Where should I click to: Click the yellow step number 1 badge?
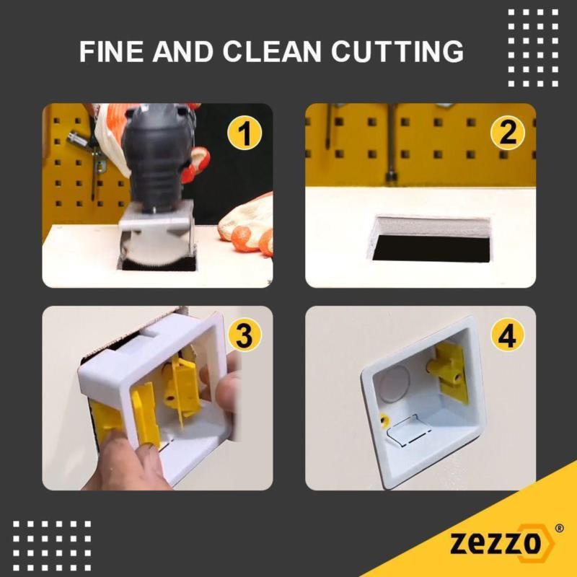pos(245,133)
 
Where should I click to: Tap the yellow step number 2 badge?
pos(508,133)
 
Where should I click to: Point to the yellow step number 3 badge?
pos(245,335)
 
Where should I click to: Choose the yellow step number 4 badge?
pos(508,335)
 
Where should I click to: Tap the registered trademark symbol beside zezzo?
pos(559,529)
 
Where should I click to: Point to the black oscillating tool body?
pos(158,158)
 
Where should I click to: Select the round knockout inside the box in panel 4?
pos(395,384)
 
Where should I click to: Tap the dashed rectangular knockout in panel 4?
pos(408,431)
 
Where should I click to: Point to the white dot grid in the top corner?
pos(533,48)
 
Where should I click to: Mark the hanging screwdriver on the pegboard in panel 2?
pos(329,125)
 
